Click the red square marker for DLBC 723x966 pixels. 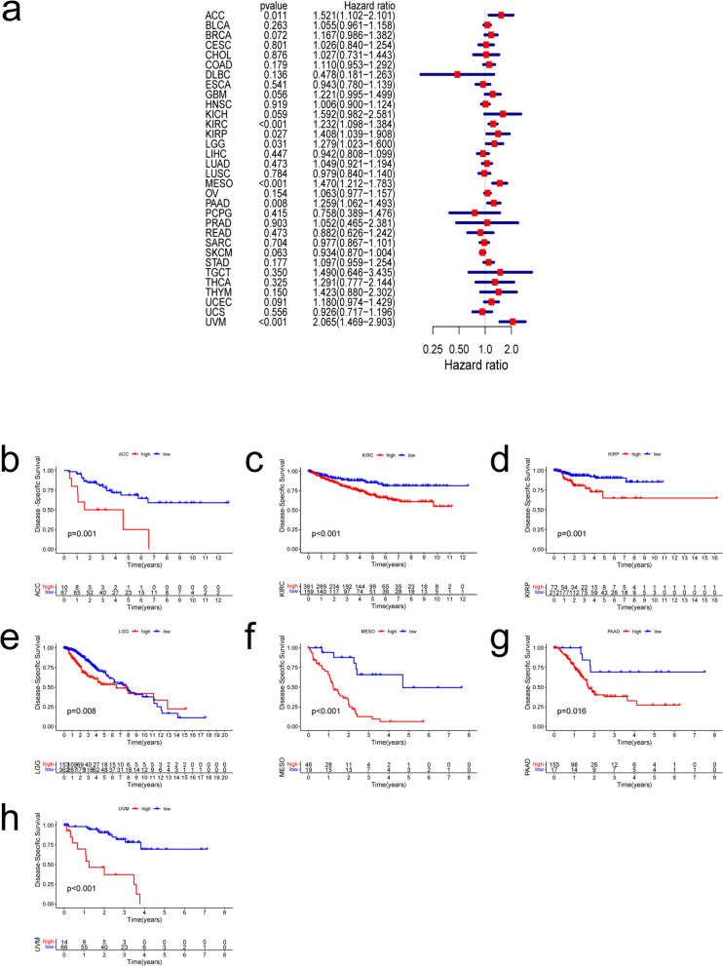(456, 74)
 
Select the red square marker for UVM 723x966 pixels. (513, 320)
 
